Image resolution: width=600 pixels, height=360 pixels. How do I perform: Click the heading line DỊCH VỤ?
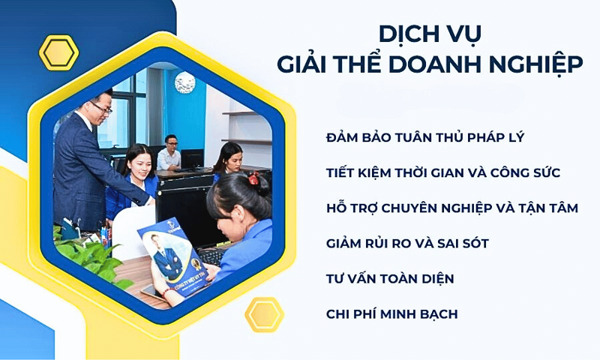pos(429,34)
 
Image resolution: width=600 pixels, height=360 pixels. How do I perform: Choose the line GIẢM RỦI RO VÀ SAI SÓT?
pos(408,244)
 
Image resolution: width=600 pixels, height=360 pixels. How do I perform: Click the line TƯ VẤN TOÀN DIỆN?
pos(390,279)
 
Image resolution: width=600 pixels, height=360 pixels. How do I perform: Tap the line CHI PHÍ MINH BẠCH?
pos(391,313)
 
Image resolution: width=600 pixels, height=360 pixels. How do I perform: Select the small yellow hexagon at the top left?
pos(58,52)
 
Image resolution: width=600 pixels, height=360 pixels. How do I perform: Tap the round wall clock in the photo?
pos(184,82)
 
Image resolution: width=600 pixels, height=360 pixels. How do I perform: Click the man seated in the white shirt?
pos(169,154)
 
